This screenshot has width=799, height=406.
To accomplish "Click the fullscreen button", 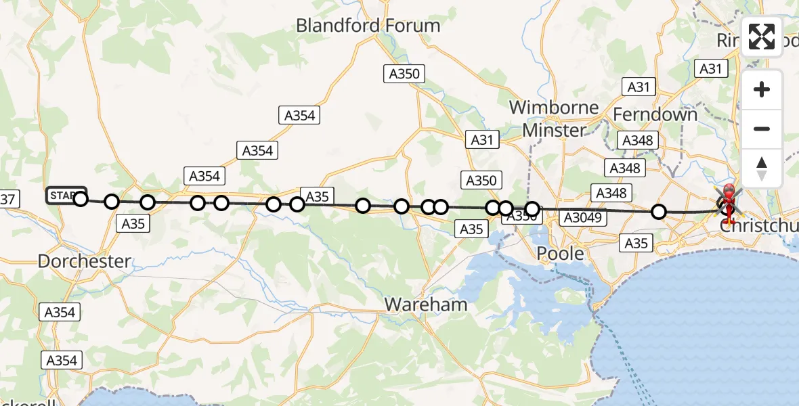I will click(x=762, y=37).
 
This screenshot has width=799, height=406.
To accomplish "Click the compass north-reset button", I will click(x=762, y=168).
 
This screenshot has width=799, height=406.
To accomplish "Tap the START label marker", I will click(x=65, y=196).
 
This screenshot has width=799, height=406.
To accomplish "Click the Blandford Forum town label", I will click(x=368, y=26).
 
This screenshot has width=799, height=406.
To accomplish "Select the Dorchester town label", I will click(x=85, y=261).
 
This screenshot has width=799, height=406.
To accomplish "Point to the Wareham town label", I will click(x=426, y=304).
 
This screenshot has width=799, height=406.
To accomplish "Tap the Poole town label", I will click(x=560, y=254).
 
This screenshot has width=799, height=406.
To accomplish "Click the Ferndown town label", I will click(x=655, y=114).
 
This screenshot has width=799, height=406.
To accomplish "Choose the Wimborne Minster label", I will click(x=554, y=118).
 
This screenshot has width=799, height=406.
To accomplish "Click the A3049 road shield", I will click(x=582, y=217).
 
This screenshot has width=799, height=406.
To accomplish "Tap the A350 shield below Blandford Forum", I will click(x=404, y=74).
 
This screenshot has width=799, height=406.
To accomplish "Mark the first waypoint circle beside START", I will click(x=81, y=199).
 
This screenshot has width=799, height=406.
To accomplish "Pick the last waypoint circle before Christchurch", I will click(x=659, y=212).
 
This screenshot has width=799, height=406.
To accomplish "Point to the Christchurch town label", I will click(x=758, y=226).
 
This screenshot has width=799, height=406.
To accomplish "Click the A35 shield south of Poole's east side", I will click(x=636, y=244).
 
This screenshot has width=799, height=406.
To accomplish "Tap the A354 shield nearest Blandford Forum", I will click(x=299, y=116).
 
